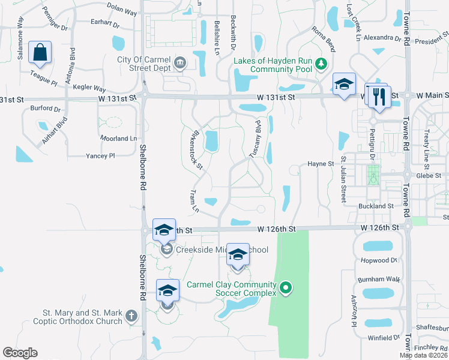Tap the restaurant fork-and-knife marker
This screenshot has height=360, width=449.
378,97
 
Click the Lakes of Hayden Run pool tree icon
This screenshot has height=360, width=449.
322,64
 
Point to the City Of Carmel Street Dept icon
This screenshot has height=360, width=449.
179,64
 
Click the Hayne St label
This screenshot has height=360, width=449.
320,163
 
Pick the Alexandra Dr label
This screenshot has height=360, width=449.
382,38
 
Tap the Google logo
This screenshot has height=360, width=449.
20,353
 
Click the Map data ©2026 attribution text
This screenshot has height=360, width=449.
424,355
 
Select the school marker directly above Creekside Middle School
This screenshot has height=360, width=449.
164,230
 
